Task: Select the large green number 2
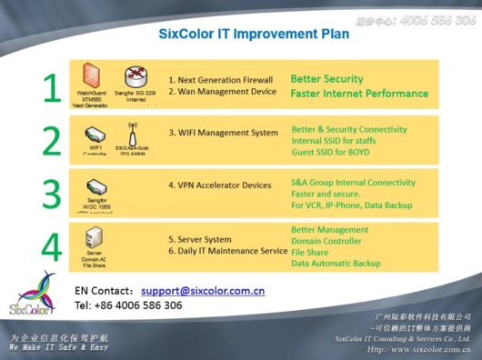pos(53,140)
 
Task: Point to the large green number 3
pos(53,193)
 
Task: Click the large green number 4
pos(53,246)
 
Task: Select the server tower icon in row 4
pos(94,239)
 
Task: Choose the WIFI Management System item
pos(223,133)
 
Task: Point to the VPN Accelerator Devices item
pos(219,185)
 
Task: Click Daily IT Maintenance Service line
pos(227,250)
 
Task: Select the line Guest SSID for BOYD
pos(336,153)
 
